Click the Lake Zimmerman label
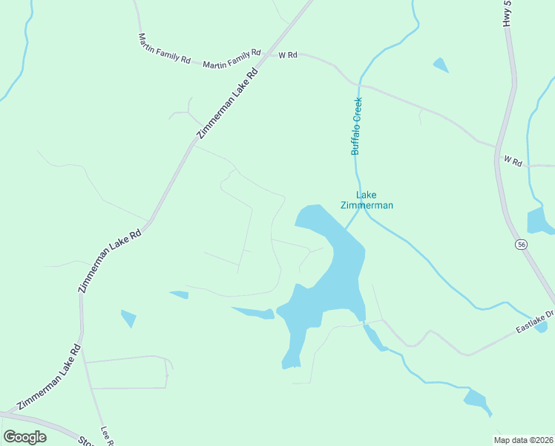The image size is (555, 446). [x=366, y=200]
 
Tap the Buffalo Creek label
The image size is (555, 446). [x=356, y=126]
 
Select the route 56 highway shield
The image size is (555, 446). [x=522, y=244]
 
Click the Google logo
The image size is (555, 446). [x=24, y=437]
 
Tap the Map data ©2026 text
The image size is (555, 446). [x=524, y=440]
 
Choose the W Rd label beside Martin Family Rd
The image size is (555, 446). [x=288, y=55]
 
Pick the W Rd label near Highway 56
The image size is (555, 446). [x=513, y=160]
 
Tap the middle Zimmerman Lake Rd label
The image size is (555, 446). [x=110, y=261]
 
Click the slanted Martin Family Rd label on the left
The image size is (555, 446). [x=164, y=48]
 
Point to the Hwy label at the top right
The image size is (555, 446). [x=508, y=13]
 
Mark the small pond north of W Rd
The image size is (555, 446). [x=441, y=65]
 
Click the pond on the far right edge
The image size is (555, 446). [x=540, y=221]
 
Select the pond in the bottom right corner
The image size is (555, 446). [x=477, y=400]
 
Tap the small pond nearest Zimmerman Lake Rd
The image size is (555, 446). [x=128, y=318]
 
